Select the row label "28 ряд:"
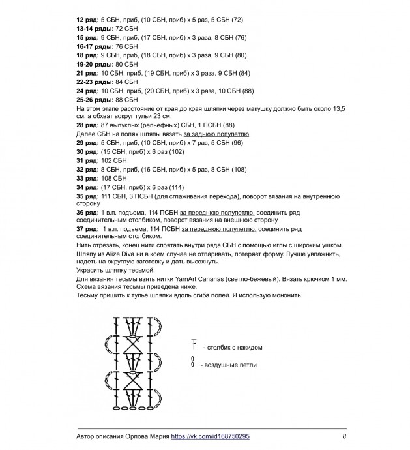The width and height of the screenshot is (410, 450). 87,124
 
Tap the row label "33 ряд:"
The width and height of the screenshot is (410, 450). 87,177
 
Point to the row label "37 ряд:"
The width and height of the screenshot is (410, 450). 87,230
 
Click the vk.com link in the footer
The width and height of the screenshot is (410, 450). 210,436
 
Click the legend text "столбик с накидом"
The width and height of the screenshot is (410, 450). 233,348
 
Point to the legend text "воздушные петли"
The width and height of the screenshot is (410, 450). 229,365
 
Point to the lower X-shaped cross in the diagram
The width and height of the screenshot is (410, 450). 136,382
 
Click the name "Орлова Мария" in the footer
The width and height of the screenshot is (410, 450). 145,436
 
